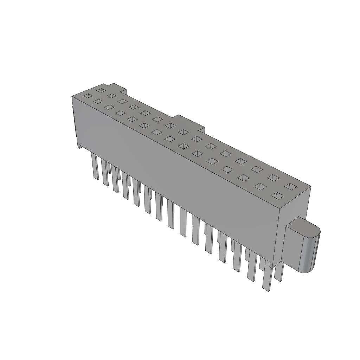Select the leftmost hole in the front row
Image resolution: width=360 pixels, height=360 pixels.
point(88,96)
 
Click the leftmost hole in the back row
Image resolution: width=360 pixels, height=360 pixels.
point(101,90)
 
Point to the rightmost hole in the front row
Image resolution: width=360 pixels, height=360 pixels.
point(277,195)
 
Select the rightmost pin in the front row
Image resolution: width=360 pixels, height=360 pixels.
point(267,278)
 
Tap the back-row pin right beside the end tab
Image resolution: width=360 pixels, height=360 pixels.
point(278,272)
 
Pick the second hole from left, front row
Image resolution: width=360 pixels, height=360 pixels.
point(98,101)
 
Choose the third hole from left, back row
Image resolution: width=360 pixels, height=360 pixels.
point(122,101)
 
